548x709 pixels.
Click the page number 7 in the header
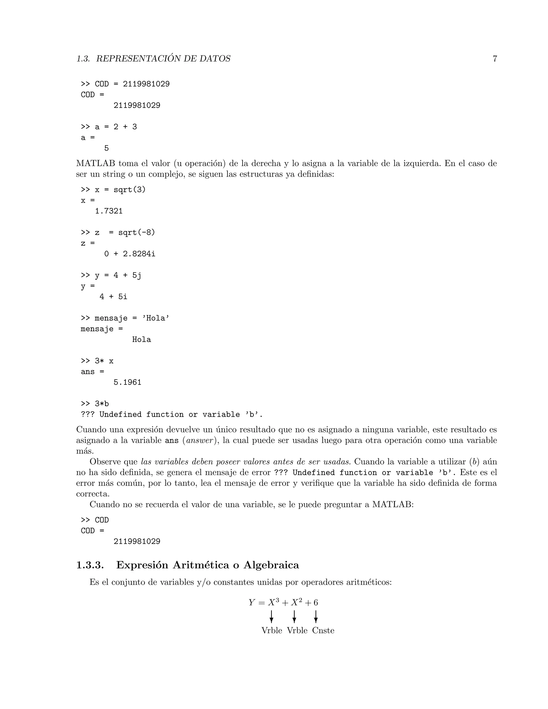[x=495, y=59]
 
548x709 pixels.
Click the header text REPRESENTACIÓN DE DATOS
[x=163, y=59]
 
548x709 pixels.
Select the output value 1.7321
[x=109, y=211]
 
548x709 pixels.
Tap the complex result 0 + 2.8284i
[x=130, y=254]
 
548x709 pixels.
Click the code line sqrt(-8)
[x=137, y=233]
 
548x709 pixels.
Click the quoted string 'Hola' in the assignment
[x=155, y=318]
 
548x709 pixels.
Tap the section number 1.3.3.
[x=90, y=565]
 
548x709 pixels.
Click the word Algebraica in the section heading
[x=271, y=565]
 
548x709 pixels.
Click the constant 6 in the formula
[x=315, y=603]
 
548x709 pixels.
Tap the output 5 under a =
[x=106, y=149]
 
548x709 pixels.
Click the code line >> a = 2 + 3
[x=109, y=127]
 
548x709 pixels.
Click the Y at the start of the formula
[x=252, y=603]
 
